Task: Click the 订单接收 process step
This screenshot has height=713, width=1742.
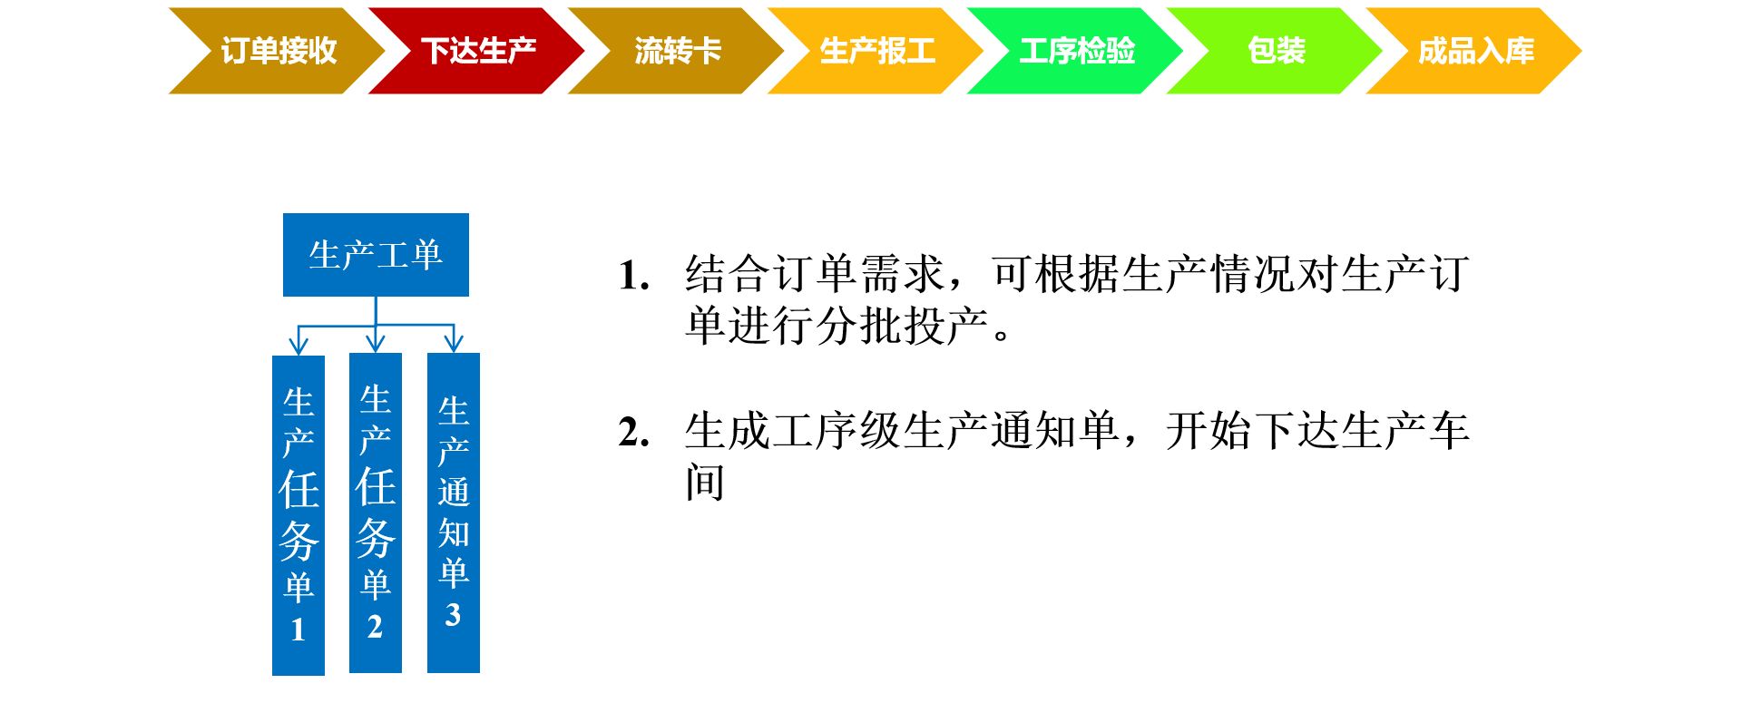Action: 278,51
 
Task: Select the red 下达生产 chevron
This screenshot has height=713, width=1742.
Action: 477,51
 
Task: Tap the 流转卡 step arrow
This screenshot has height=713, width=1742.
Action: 677,51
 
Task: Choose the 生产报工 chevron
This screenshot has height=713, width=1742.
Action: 876,51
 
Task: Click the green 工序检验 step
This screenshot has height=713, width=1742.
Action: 1076,51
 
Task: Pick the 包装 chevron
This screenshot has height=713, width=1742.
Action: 1276,51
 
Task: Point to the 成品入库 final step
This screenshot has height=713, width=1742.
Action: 1475,51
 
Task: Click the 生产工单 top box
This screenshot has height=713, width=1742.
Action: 376,255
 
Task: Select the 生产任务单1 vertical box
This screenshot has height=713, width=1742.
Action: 298,515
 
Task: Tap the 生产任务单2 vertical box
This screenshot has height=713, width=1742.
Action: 376,513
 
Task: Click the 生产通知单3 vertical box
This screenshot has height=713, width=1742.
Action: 454,513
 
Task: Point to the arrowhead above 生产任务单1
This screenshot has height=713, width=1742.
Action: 298,345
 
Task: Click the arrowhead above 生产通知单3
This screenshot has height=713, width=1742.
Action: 454,342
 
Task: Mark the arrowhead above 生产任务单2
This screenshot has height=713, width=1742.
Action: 376,342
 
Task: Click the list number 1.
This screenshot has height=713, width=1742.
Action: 633,275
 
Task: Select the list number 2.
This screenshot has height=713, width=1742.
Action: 633,432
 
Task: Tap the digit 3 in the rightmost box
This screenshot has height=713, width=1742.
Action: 453,615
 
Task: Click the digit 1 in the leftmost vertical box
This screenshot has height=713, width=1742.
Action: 298,630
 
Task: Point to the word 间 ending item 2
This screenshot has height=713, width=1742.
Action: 705,482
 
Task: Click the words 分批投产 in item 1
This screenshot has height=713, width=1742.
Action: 902,326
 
